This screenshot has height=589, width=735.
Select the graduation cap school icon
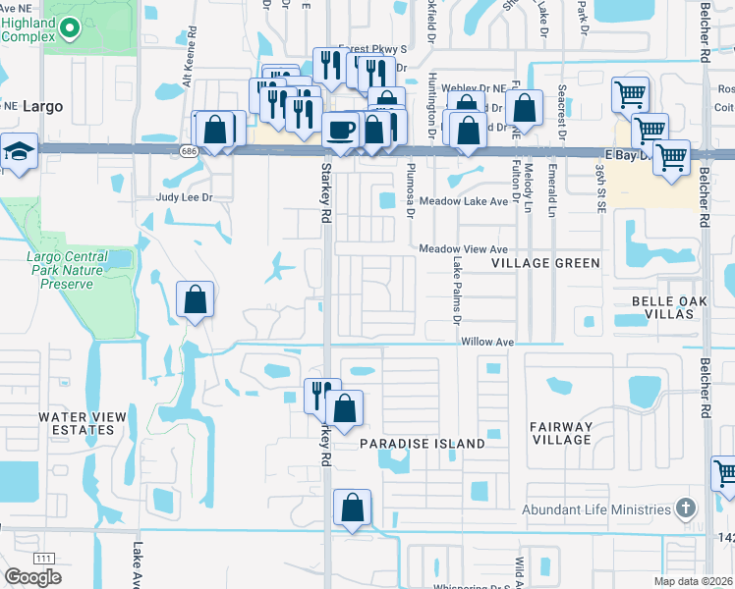pyautogui.click(x=17, y=152)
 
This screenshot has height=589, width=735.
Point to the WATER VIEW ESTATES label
pyautogui.click(x=83, y=423)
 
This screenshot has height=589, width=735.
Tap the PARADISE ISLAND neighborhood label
pyautogui.click(x=422, y=444)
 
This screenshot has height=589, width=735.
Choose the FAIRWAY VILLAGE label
pyautogui.click(x=560, y=433)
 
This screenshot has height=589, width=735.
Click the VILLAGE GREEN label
pyautogui.click(x=545, y=263)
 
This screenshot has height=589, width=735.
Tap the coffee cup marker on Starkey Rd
pyautogui.click(x=341, y=130)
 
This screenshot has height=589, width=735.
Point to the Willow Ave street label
pyautogui.click(x=488, y=342)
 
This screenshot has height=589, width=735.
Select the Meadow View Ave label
pyautogui.click(x=463, y=249)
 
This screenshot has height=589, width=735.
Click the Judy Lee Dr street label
pyautogui.click(x=185, y=197)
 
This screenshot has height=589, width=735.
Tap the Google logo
pyautogui.click(x=32, y=577)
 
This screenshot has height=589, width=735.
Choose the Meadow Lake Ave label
pyautogui.click(x=463, y=201)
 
